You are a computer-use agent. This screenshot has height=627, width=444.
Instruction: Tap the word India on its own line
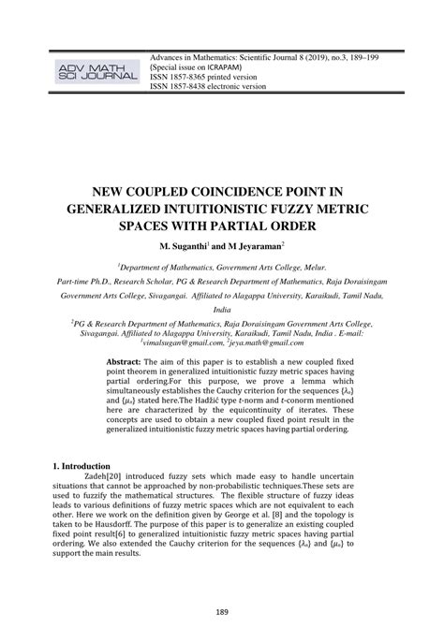tap(221, 307)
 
